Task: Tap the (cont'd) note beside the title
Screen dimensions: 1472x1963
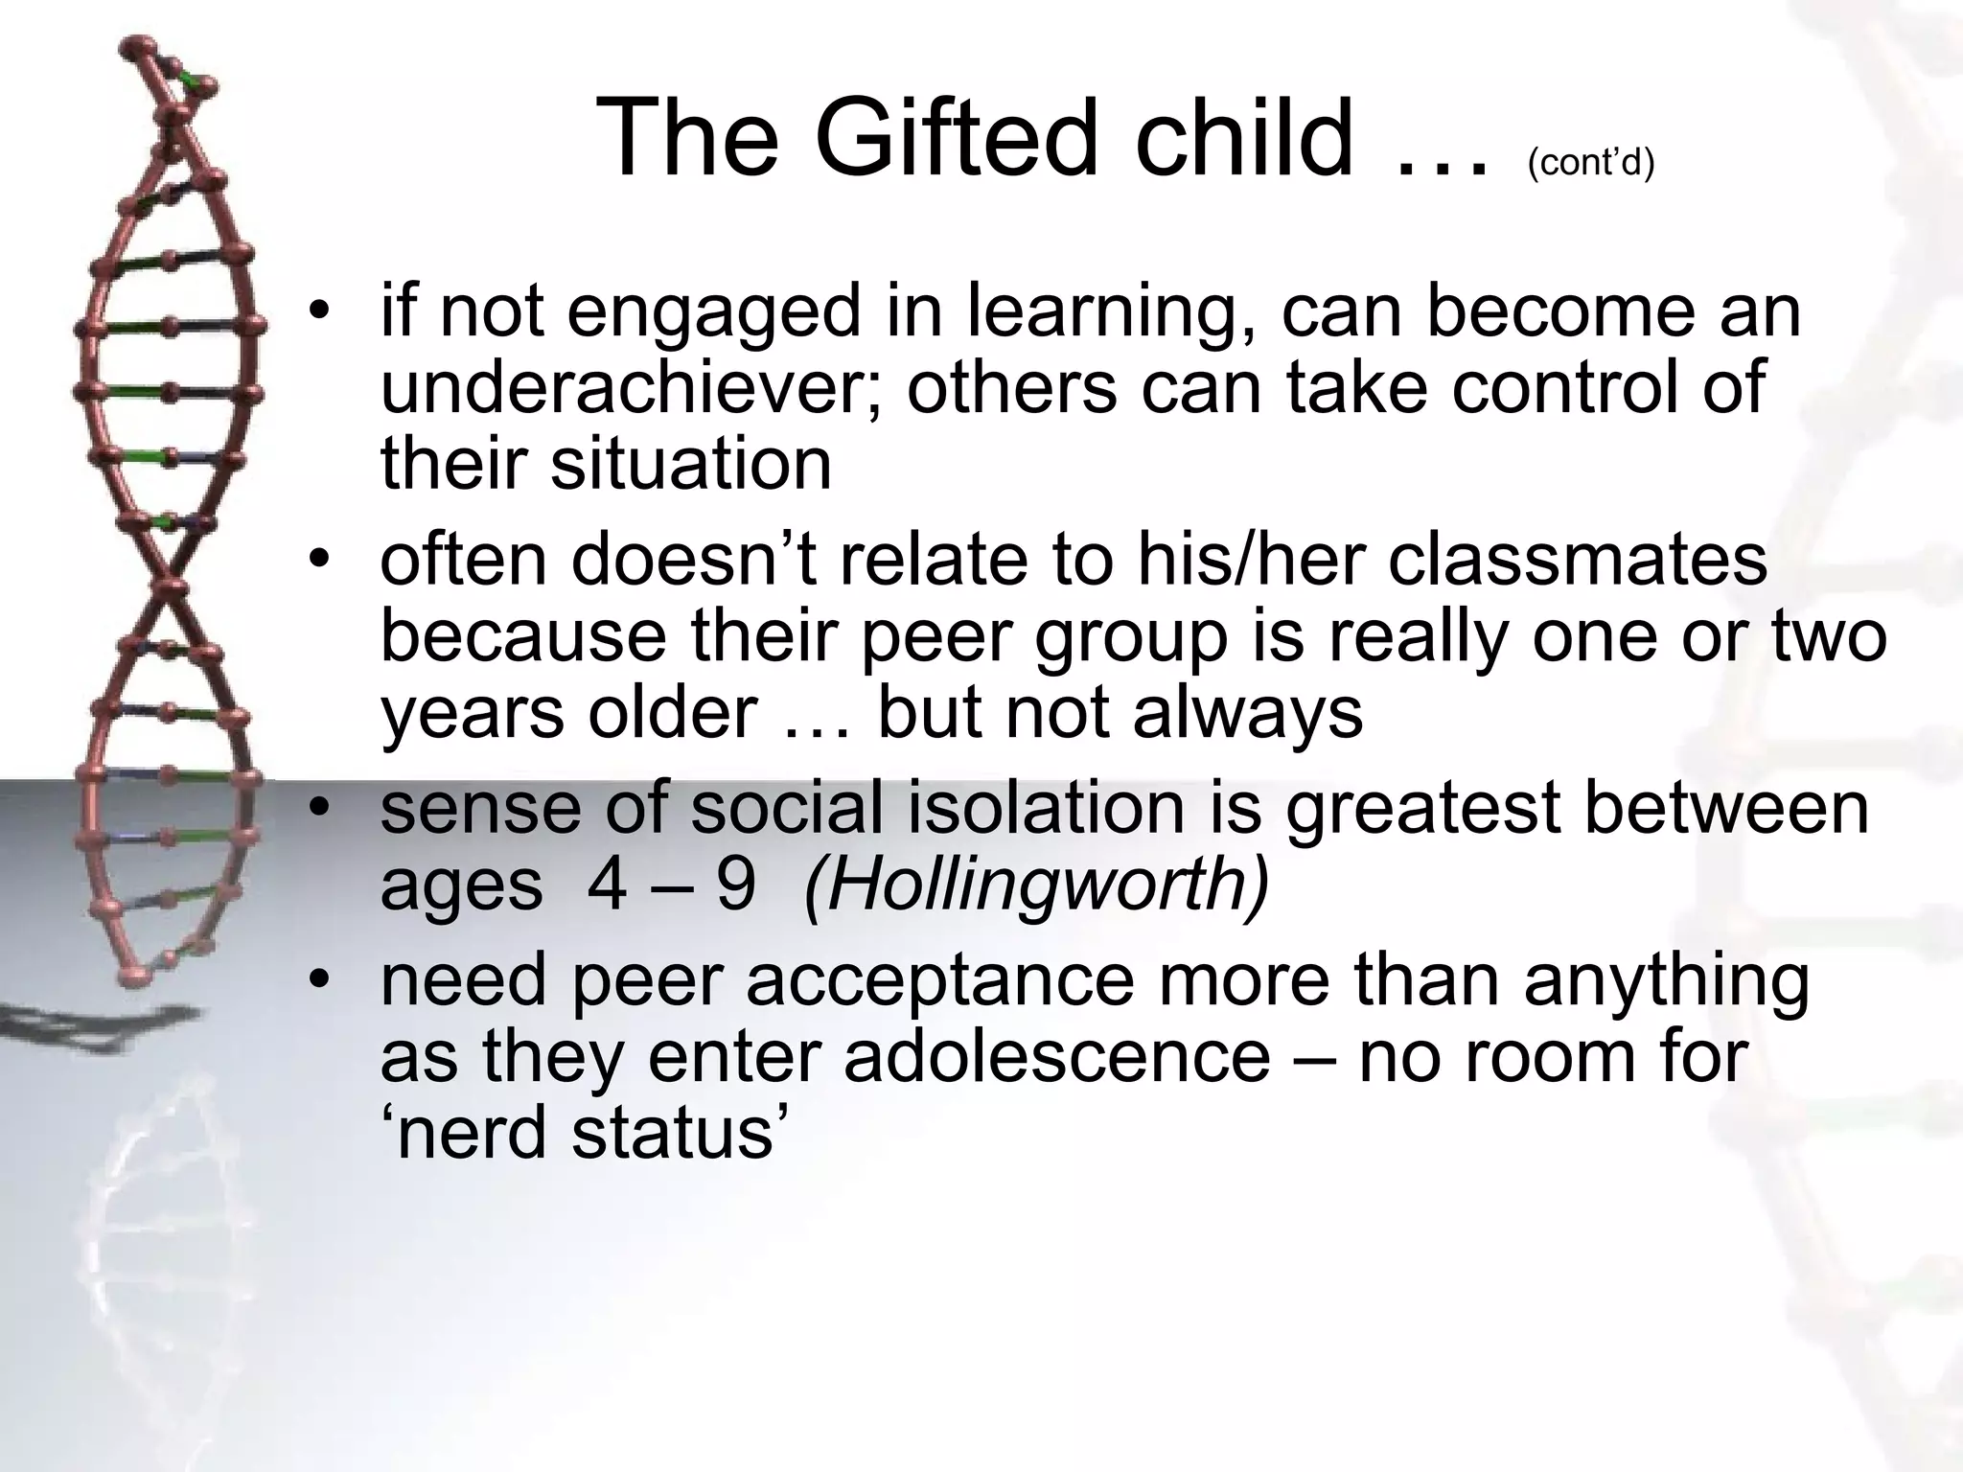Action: [x=1591, y=163]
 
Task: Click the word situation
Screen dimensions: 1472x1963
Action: [x=690, y=464]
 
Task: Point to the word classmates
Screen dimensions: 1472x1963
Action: [x=1578, y=560]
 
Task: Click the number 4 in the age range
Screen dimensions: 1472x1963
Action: [x=608, y=885]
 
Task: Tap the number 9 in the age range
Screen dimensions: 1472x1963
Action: [x=735, y=885]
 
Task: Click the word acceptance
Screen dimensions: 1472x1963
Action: [x=939, y=982]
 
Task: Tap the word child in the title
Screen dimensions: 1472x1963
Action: [x=1244, y=140]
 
